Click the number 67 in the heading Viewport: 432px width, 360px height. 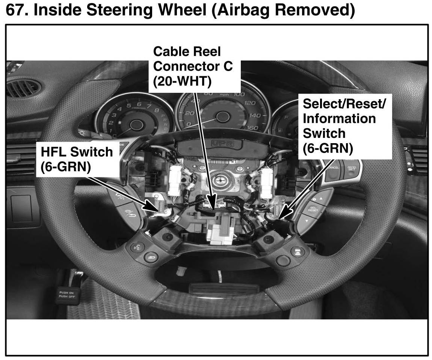[x=16, y=10]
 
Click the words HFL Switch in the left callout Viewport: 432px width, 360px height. [x=76, y=152]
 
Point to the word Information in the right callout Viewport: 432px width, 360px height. [x=339, y=118]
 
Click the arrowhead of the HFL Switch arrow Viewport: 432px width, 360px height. [x=162, y=208]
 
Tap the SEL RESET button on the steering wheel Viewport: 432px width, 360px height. [x=313, y=208]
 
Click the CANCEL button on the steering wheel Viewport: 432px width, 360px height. [x=333, y=167]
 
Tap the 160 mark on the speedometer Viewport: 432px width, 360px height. [x=253, y=128]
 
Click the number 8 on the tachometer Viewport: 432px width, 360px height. [x=157, y=110]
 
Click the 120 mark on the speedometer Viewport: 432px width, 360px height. [x=250, y=103]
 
